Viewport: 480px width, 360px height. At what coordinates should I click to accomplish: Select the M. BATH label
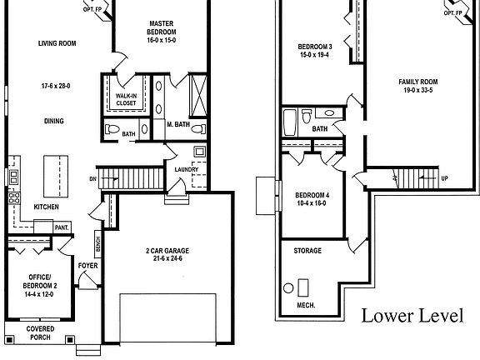pos(179,124)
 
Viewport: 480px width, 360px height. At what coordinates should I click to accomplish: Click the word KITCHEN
pos(47,207)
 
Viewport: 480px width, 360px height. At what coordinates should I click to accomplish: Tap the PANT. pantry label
pos(62,227)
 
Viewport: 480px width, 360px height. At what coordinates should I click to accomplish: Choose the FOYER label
pos(87,266)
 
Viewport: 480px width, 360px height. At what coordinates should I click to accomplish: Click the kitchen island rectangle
pos(56,172)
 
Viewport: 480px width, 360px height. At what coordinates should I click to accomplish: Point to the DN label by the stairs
pos(92,179)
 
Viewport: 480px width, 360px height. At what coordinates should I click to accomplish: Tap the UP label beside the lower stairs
pos(443,178)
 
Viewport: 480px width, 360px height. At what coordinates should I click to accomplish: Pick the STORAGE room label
pos(307,250)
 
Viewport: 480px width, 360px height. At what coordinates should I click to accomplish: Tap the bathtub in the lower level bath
pos(288,122)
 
